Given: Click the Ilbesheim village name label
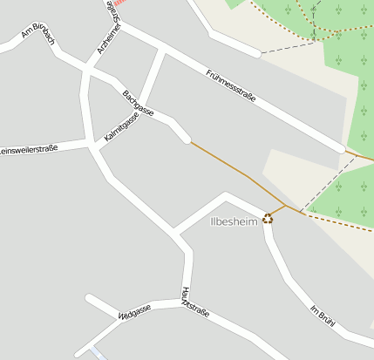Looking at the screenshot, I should (235, 221).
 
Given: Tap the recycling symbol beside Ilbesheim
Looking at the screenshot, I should (268, 218).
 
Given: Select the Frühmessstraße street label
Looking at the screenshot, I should (231, 86).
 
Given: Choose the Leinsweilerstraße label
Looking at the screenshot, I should (28, 150).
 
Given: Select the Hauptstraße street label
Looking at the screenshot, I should (194, 301).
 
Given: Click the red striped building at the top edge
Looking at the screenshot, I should (120, 3).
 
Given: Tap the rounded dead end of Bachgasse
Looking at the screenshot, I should (185, 137).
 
